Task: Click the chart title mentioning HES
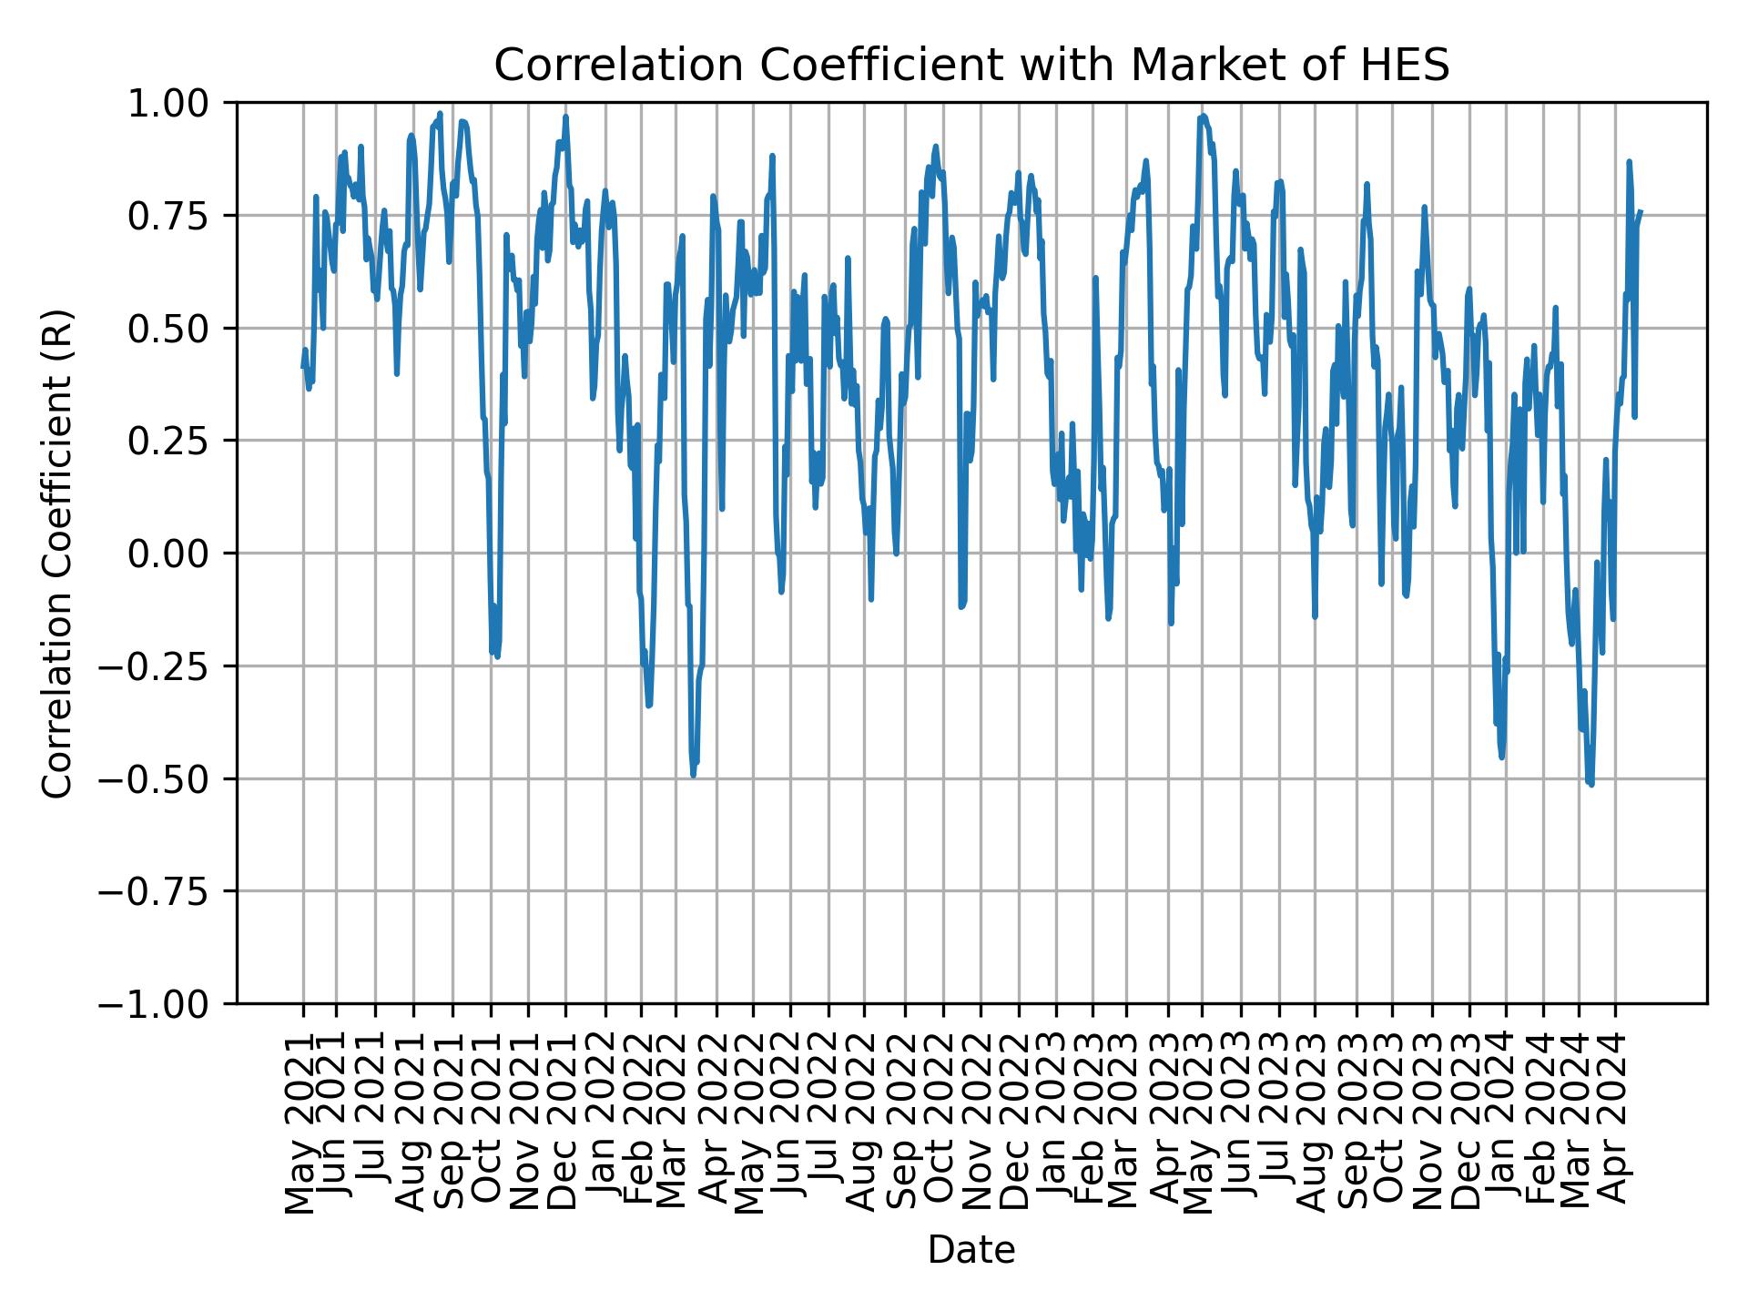tap(971, 66)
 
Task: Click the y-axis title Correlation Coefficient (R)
tap(58, 553)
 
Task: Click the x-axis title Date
tap(971, 1250)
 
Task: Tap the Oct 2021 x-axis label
tap(489, 1122)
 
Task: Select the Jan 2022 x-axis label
tap(604, 1122)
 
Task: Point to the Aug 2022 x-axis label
tap(863, 1122)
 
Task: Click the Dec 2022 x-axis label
tap(1018, 1122)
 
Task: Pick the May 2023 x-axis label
tap(1200, 1122)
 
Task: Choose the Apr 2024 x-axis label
tap(1614, 1122)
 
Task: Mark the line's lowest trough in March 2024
tap(1590, 784)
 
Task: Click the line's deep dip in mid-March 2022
tap(694, 776)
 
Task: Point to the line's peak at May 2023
tap(1204, 116)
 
